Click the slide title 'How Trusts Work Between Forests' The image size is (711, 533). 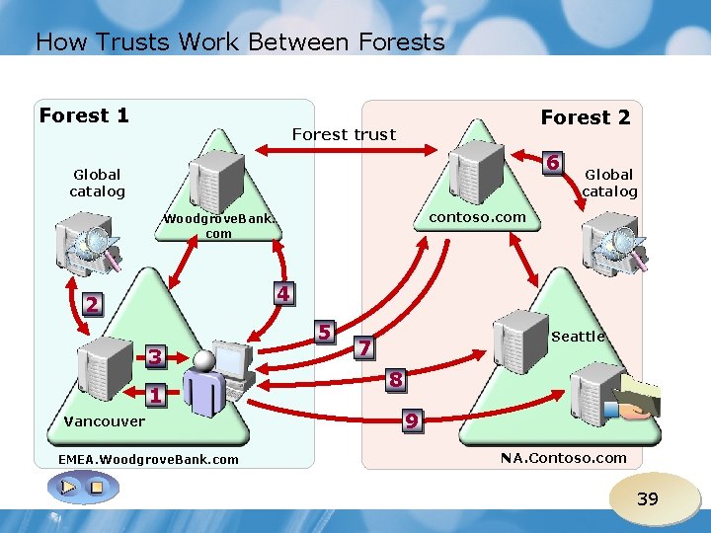tap(240, 42)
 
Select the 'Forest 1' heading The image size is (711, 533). tap(84, 116)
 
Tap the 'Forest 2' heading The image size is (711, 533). tap(586, 117)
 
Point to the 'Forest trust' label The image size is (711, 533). tap(344, 134)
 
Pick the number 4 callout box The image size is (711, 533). tap(282, 294)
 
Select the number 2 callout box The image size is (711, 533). tap(91, 305)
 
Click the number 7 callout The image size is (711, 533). tap(364, 347)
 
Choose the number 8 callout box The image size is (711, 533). tap(395, 379)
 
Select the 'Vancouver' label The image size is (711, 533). tap(104, 421)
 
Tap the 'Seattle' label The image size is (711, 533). tap(578, 337)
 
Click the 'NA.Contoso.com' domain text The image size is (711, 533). tap(563, 457)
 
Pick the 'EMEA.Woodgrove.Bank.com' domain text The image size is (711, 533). tap(148, 460)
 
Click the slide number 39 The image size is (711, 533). tap(647, 498)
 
